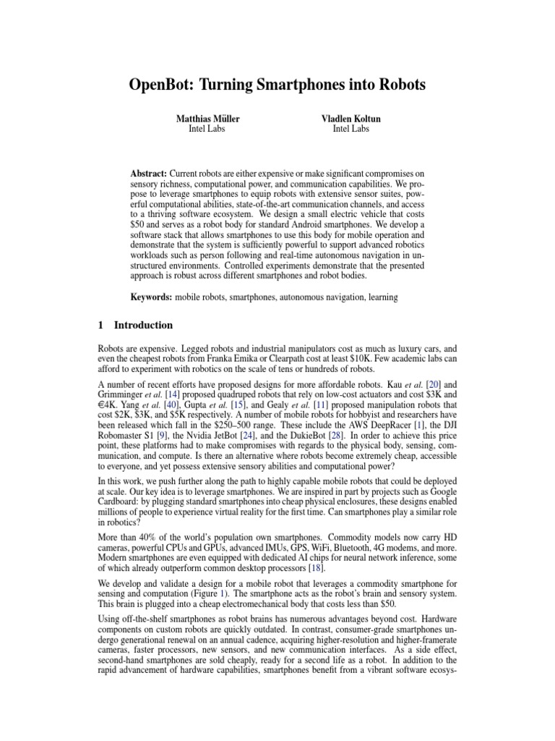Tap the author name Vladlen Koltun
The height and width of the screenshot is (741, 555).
click(350, 118)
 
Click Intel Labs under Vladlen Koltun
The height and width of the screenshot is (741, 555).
click(350, 129)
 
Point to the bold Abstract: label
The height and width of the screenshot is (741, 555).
click(148, 155)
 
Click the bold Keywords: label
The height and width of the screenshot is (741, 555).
click(150, 297)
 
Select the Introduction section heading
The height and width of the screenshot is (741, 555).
click(143, 325)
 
